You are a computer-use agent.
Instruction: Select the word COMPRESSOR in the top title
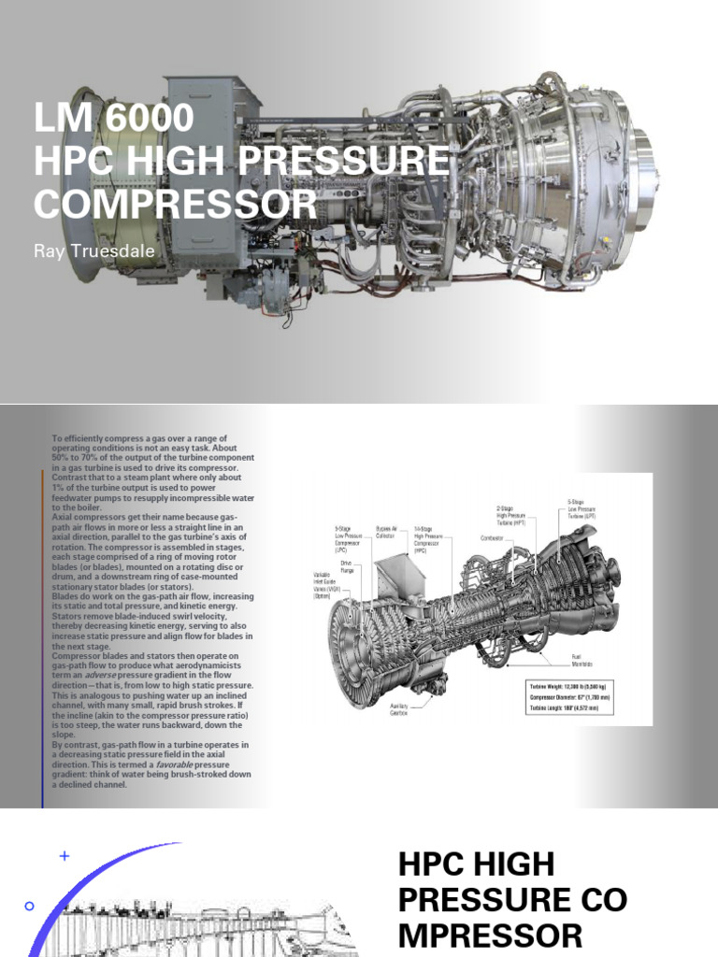coord(175,203)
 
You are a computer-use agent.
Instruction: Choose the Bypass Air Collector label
coord(390,532)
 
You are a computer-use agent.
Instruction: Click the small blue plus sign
coord(64,855)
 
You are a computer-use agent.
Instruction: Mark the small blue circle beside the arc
coord(29,906)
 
